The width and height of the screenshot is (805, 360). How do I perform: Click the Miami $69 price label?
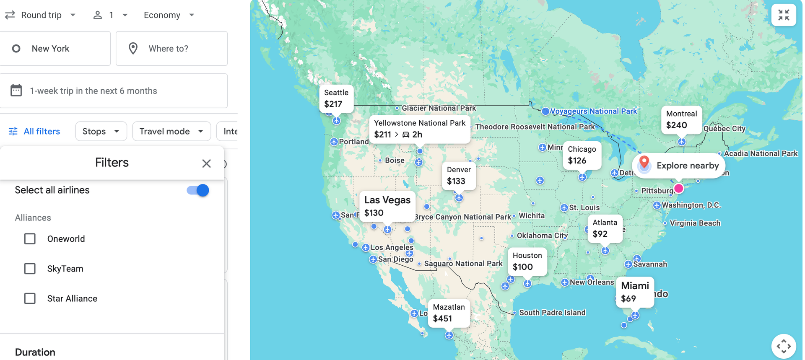[x=635, y=292]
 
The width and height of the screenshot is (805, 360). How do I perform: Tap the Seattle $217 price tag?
[x=336, y=98]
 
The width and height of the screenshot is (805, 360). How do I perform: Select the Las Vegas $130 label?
[x=387, y=206]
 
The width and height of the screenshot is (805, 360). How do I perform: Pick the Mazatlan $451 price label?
[x=449, y=313]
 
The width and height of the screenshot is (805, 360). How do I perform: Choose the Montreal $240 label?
[x=681, y=119]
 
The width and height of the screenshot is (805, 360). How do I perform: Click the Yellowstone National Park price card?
[x=420, y=129]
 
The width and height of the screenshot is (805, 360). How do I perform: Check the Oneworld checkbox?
[x=30, y=239]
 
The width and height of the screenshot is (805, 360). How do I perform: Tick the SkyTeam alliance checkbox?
[x=30, y=269]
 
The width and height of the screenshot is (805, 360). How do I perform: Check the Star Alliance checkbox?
[x=30, y=298]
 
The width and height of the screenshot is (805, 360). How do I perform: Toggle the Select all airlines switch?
[x=198, y=190]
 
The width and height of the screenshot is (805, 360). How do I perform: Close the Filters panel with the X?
[x=206, y=163]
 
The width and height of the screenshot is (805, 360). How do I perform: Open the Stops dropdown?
[x=101, y=132]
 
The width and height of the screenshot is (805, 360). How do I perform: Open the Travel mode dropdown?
[x=171, y=132]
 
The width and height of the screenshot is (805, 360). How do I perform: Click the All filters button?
[x=34, y=132]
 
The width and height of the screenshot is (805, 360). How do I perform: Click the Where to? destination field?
[x=171, y=49]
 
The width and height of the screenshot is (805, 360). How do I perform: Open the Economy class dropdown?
[x=169, y=15]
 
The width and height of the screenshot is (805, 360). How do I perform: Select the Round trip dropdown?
[x=41, y=15]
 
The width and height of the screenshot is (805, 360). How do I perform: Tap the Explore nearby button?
[x=679, y=166]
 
